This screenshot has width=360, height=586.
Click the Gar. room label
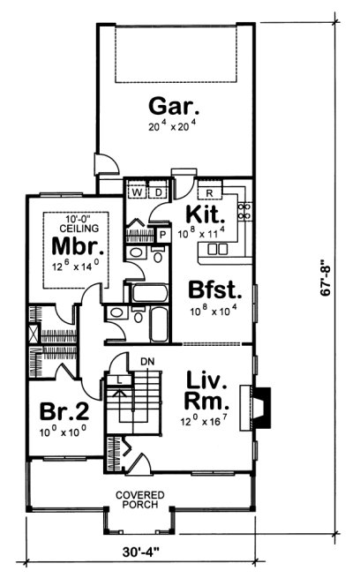click(175, 109)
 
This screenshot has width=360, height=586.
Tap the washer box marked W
click(138, 192)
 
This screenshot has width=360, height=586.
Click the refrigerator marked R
click(209, 192)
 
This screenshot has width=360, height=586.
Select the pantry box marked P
click(162, 235)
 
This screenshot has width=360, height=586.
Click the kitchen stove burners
click(245, 211)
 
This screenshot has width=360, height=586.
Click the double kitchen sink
click(215, 250)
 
